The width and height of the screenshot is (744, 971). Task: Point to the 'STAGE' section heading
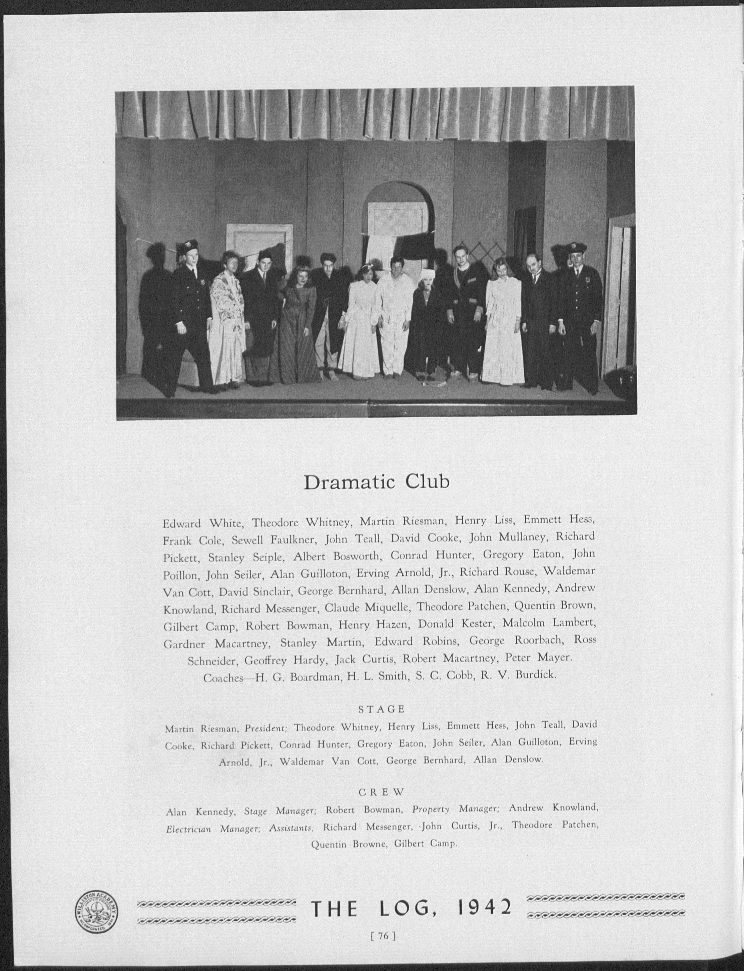(382, 709)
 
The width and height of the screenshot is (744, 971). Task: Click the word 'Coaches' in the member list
(223, 678)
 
